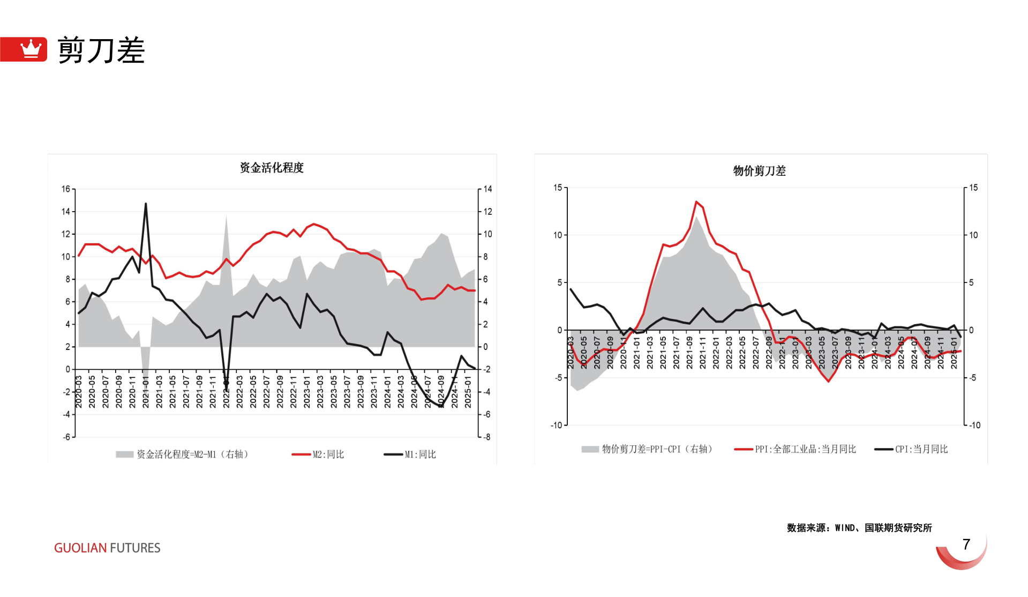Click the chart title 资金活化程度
pyautogui.click(x=272, y=168)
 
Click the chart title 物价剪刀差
pyautogui.click(x=759, y=171)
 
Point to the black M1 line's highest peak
pyautogui.click(x=146, y=204)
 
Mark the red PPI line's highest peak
pyautogui.click(x=696, y=202)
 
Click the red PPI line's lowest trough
pyautogui.click(x=829, y=381)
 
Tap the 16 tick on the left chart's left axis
pyautogui.click(x=66, y=189)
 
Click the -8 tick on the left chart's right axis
pyautogui.click(x=486, y=437)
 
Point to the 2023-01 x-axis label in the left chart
pyautogui.click(x=307, y=392)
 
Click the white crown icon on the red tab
pyautogui.click(x=31, y=49)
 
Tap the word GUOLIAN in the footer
pyautogui.click(x=80, y=548)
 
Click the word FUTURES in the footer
pyautogui.click(x=135, y=548)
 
